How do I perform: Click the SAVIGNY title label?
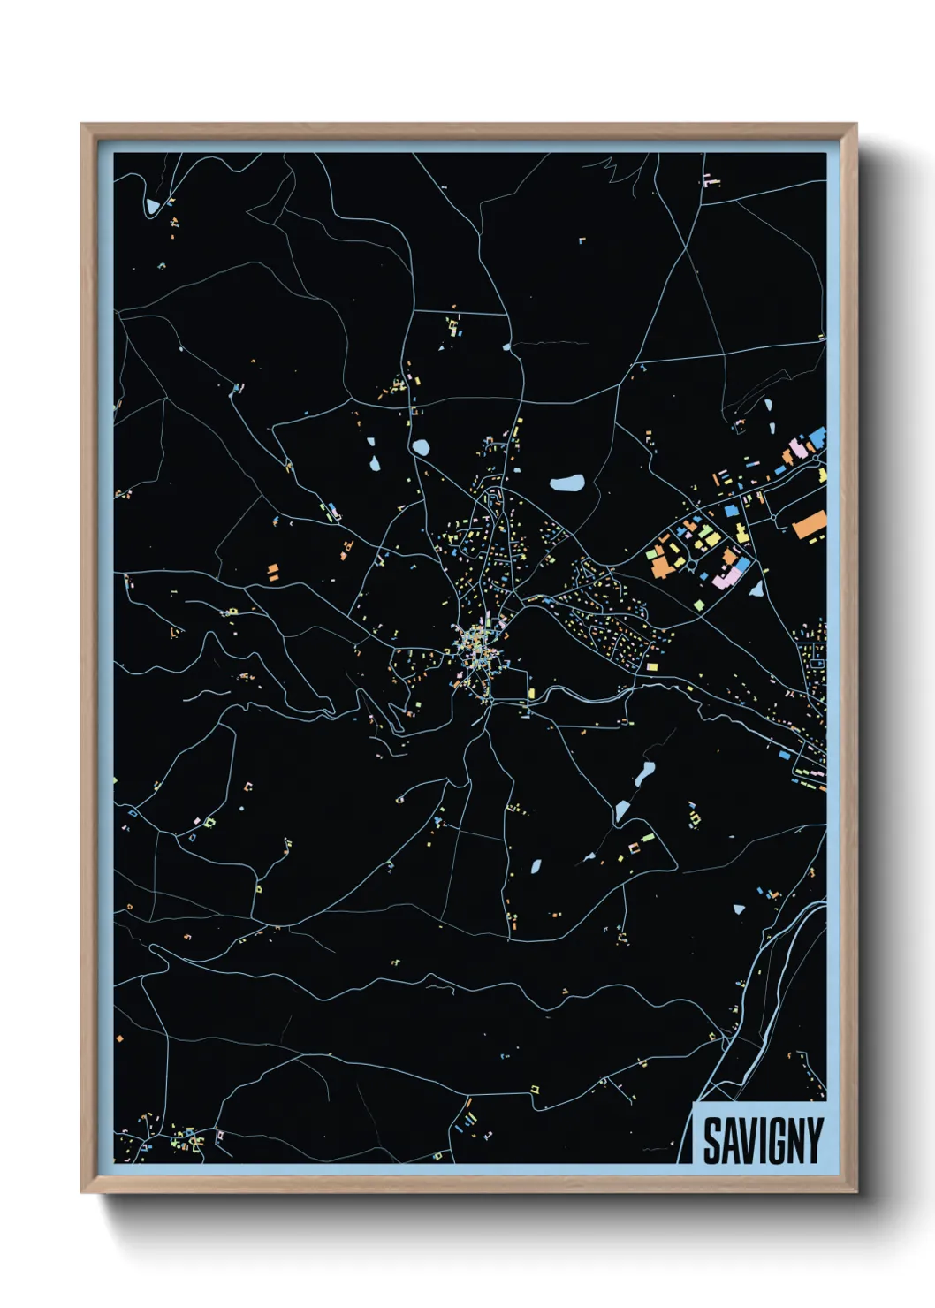pos(763,1140)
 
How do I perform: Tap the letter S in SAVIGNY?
pos(712,1141)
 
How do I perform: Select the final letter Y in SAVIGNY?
pos(815,1141)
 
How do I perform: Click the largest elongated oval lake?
pos(566,483)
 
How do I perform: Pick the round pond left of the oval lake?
pos(421,448)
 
